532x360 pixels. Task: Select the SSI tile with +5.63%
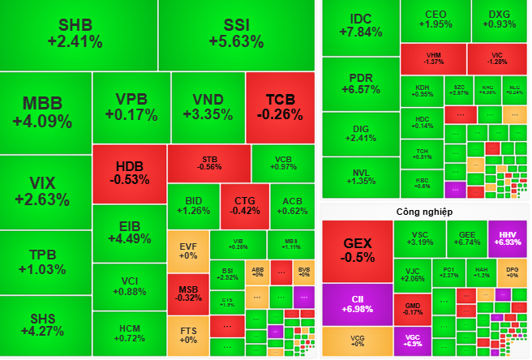tap(236, 34)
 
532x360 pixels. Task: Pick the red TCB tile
tap(280, 107)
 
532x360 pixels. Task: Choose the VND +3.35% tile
tap(207, 107)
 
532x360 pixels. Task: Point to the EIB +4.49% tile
tap(130, 232)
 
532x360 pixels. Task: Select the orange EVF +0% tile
tap(187, 251)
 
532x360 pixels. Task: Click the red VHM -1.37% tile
tap(434, 58)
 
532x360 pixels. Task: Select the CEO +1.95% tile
tap(434, 19)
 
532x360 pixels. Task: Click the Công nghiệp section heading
tap(423, 212)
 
